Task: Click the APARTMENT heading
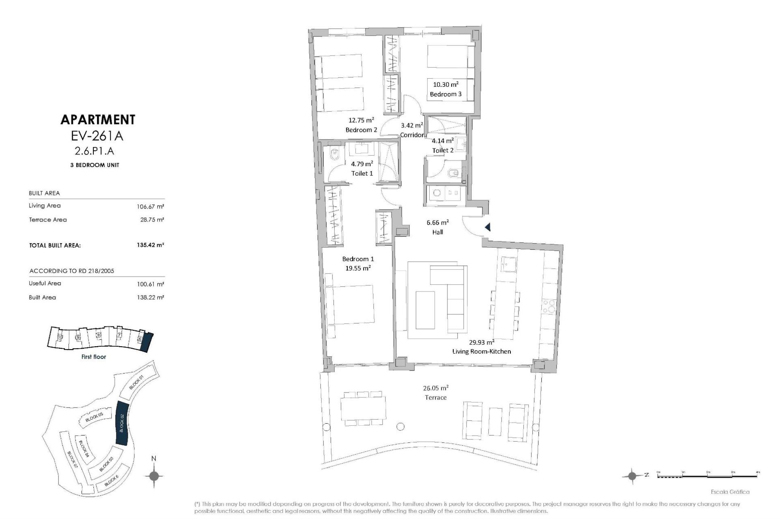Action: tap(97, 120)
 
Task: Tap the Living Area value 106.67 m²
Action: tap(150, 206)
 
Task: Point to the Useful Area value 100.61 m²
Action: tap(150, 284)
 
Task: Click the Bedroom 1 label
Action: tap(358, 259)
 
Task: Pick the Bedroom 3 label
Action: tap(445, 94)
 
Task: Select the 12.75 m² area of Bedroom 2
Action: tap(361, 120)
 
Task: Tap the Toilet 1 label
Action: tap(362, 173)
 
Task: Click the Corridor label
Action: tap(412, 135)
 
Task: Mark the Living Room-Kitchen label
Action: tap(482, 351)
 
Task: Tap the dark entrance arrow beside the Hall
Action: tap(488, 227)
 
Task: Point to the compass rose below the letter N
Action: tap(154, 476)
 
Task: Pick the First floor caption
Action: tap(94, 357)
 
